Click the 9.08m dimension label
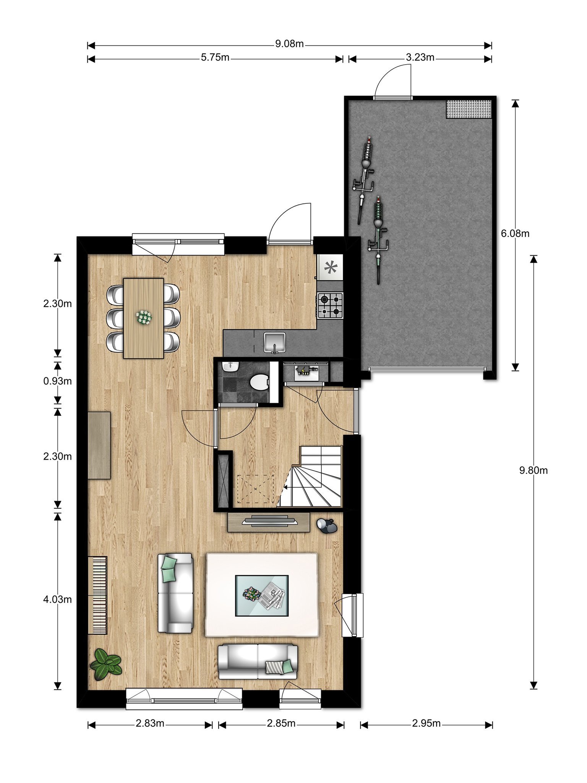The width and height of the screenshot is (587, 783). tap(289, 44)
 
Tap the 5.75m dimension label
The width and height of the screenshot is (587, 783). tap(215, 58)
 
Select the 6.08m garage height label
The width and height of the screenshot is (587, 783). tap(515, 233)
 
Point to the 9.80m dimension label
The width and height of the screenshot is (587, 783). tap(533, 470)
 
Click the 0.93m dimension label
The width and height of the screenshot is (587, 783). tap(57, 381)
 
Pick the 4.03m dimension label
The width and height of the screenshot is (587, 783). tap(57, 599)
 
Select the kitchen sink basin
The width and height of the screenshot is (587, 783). tap(274, 342)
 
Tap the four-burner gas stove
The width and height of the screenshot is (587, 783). tap(330, 305)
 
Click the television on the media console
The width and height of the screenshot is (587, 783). tap(270, 520)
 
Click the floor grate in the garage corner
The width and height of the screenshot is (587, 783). tap(469, 109)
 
